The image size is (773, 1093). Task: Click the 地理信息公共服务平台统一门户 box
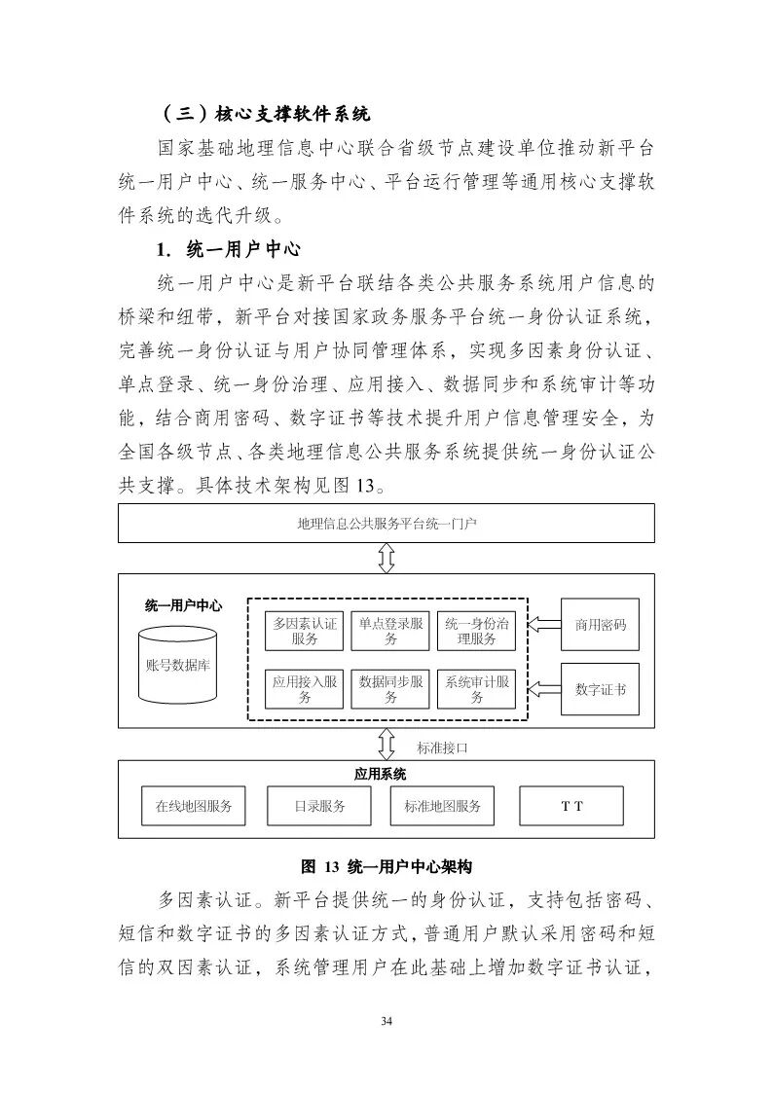point(386,524)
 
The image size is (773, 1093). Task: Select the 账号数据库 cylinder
point(178,665)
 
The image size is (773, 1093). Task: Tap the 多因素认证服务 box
point(304,631)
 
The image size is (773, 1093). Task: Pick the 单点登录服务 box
point(389,631)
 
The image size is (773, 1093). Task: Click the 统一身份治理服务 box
point(475,631)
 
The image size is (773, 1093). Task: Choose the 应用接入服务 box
point(304,689)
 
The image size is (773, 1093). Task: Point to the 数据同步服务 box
point(389,689)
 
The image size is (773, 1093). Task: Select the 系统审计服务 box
point(475,689)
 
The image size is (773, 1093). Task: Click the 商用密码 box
point(600,625)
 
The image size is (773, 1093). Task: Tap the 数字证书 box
point(600,689)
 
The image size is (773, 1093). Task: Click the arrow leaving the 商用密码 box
point(544,625)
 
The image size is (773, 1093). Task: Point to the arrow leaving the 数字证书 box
point(544,689)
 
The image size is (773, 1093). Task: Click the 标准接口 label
point(443,747)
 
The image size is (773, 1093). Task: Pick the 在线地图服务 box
point(194,806)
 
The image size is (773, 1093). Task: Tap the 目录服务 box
point(319,806)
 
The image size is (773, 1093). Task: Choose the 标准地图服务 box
point(443,806)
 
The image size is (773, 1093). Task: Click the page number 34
point(386,1020)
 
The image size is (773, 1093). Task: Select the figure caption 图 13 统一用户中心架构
point(386,865)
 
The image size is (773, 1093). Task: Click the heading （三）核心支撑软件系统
point(263,114)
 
